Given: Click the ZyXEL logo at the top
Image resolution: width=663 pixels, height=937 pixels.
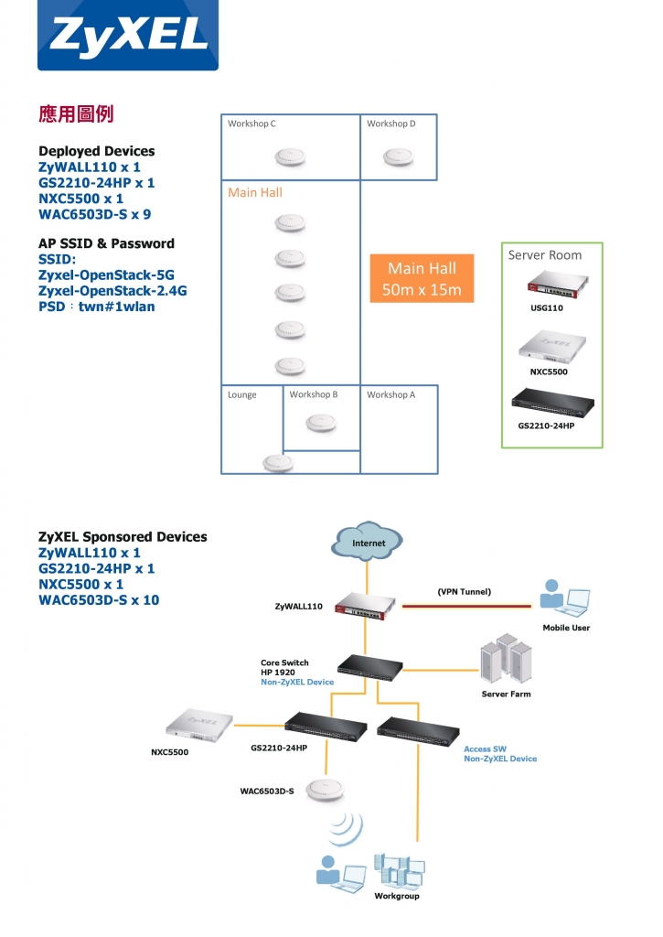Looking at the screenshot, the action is [x=128, y=35].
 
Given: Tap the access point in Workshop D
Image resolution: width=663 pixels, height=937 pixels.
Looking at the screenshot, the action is [x=398, y=157].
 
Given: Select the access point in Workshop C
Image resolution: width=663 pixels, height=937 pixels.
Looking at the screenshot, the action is [x=290, y=157].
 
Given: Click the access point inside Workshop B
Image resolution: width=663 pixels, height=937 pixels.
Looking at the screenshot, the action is [x=321, y=423].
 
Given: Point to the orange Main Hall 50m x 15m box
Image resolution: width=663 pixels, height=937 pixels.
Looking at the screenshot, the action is [x=422, y=278].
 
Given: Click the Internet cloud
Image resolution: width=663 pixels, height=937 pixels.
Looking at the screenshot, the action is [x=367, y=542].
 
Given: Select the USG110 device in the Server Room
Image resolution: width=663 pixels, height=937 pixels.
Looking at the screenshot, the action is [x=558, y=285].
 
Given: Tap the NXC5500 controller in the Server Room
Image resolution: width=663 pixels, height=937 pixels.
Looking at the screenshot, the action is [x=552, y=346].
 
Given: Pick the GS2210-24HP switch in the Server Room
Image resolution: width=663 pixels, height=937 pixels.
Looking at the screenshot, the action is [x=553, y=403].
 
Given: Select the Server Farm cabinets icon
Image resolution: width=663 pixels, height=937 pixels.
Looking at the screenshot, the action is [x=506, y=658].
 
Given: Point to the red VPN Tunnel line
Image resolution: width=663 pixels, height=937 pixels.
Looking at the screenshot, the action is [x=466, y=606].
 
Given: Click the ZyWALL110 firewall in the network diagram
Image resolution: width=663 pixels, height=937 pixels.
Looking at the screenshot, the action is [x=365, y=606].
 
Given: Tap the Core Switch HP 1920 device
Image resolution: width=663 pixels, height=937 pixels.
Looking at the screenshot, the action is [x=369, y=667].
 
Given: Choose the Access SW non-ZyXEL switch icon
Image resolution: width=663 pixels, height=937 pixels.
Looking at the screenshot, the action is [x=418, y=730].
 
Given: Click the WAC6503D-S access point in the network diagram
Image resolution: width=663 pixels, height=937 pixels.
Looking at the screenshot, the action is [x=325, y=790].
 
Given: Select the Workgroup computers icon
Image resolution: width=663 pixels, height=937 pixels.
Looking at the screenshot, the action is [x=399, y=870].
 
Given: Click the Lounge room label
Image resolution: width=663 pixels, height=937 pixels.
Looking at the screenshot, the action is [x=242, y=395].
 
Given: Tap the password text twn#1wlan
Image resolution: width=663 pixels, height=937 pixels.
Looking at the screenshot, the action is [x=116, y=307].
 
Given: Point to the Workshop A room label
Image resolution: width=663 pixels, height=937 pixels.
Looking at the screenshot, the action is [x=390, y=395].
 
